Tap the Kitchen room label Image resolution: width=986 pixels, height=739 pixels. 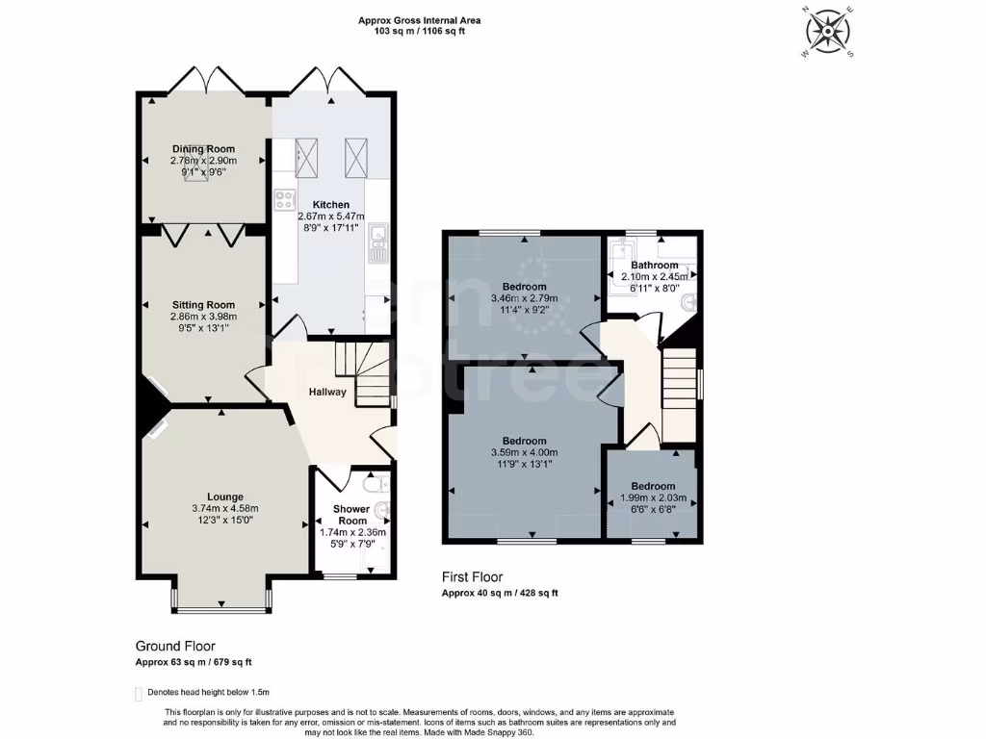pos(330,205)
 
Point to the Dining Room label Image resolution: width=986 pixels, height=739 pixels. pos(203,149)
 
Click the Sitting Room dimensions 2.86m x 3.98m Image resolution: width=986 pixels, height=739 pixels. pos(203,317)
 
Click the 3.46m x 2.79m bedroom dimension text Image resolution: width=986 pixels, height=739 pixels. pos(524,299)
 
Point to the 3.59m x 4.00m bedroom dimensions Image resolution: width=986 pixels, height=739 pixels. pos(524,453)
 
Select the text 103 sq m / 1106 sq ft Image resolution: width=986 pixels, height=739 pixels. pos(419,31)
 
